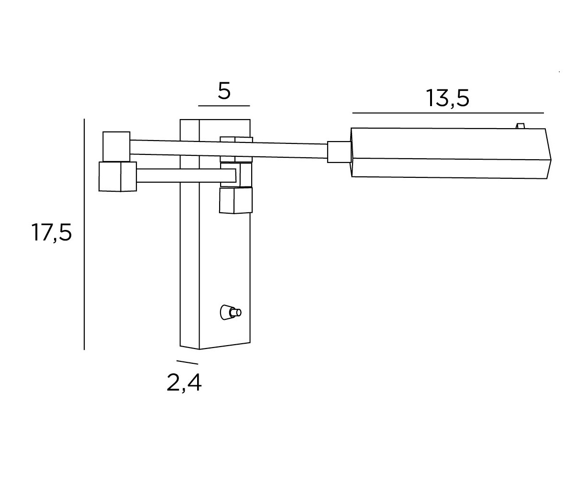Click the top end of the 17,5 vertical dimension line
coord(84,119)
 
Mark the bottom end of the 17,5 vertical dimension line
coord(84,349)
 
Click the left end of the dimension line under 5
coord(199,106)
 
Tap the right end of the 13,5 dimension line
coord(543,113)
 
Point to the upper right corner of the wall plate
coord(250,120)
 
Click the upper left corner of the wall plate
coord(180,120)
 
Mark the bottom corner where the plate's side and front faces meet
coord(199,349)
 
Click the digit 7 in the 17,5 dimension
coord(43,232)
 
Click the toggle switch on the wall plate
coord(231,312)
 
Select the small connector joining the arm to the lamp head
coord(339,152)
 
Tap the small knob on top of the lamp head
coord(520,126)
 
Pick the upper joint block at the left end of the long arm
coord(116,147)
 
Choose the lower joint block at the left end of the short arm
coord(118,176)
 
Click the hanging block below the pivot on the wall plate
coord(236,200)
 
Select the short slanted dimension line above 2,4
coord(188,362)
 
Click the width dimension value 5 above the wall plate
coord(224,91)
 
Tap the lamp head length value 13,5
coord(447,98)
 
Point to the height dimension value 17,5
coord(52,232)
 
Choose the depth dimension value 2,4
coord(184,383)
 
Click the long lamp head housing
coord(451,153)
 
